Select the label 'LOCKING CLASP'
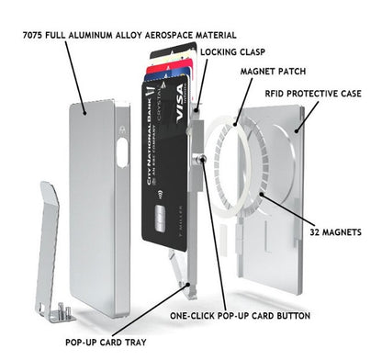click(x=229, y=52)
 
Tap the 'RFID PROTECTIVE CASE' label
click(x=324, y=94)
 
